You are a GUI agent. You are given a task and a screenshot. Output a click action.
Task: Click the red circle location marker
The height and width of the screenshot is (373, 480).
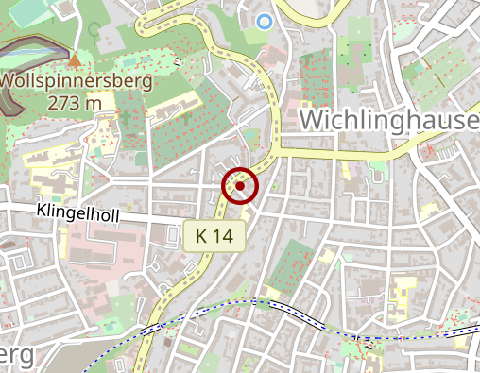[240, 186]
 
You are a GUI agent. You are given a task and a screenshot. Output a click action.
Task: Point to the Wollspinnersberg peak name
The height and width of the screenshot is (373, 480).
[74, 81]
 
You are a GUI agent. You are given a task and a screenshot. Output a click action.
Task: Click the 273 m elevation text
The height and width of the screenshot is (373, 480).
[74, 102]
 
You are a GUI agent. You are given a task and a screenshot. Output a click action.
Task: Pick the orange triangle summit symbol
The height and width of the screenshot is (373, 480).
[74, 62]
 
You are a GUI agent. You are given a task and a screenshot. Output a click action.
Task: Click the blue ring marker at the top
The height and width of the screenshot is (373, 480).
[265, 21]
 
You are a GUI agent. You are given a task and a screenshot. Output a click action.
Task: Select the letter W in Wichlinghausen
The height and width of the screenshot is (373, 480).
[313, 120]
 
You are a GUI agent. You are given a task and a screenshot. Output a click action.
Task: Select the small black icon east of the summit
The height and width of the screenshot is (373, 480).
[178, 62]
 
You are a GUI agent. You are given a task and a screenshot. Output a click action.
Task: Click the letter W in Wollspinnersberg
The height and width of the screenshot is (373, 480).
[8, 81]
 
